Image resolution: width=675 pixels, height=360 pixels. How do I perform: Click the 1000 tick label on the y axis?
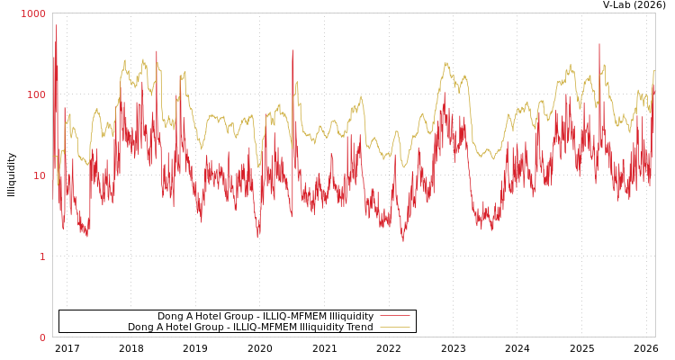(33, 14)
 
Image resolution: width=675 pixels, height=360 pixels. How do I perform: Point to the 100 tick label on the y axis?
(36, 94)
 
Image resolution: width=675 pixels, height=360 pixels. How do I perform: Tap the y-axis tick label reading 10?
(39, 175)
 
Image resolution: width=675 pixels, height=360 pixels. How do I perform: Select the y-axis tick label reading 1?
(41, 256)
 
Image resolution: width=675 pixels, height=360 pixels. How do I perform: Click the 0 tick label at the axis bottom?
(41, 337)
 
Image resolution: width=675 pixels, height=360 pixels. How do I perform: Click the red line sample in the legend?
(394, 316)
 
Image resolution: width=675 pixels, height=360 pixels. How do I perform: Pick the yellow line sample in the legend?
(394, 327)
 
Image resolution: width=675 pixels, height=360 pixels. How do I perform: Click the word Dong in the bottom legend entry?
(141, 327)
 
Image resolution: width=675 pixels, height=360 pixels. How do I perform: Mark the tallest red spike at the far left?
(56, 25)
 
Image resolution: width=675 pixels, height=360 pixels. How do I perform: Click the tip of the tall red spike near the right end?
(599, 43)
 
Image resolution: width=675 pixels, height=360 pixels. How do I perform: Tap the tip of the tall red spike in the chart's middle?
(292, 50)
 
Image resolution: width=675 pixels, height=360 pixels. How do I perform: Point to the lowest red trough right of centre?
(403, 240)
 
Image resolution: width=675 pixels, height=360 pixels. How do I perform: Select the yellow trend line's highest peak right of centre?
(446, 63)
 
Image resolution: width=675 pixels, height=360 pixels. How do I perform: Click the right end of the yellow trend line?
(654, 71)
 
